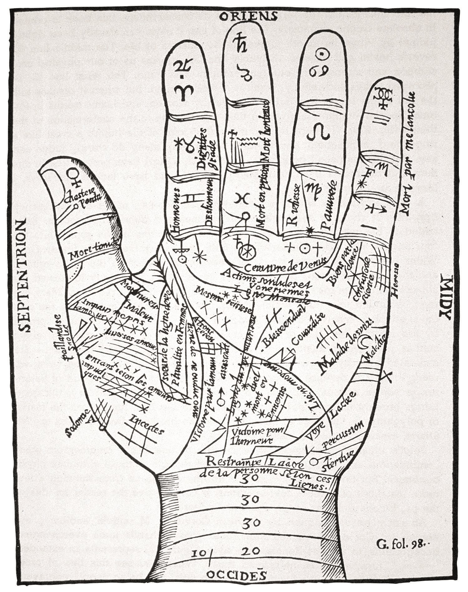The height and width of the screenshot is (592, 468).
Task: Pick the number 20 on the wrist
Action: pyautogui.click(x=250, y=551)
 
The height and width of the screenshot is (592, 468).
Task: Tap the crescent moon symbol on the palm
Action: pyautogui.click(x=365, y=343)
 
